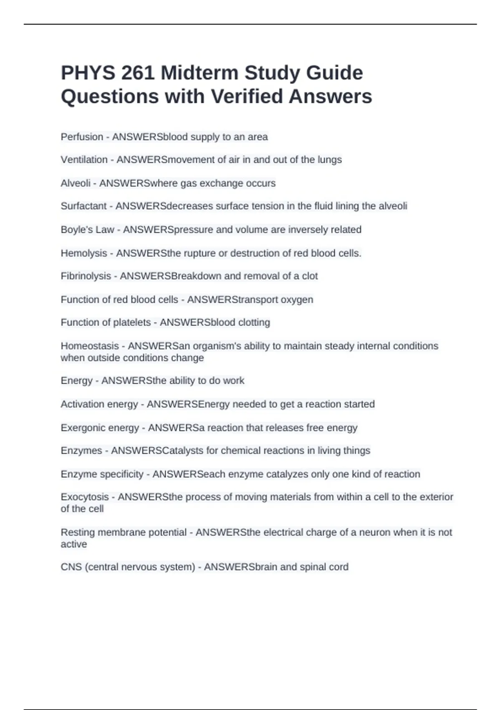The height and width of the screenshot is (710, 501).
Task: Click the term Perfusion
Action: click(82, 137)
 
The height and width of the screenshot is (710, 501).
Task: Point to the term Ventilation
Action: click(84, 160)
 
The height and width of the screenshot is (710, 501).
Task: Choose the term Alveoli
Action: click(76, 183)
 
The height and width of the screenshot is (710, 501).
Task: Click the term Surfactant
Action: click(83, 206)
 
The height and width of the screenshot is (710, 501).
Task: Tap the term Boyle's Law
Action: click(87, 230)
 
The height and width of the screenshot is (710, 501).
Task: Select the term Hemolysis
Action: click(84, 253)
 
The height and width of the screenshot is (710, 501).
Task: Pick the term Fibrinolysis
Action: click(86, 276)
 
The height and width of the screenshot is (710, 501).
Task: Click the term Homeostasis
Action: click(90, 346)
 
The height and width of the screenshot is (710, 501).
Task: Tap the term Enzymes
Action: click(81, 451)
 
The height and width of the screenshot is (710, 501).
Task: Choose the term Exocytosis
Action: click(85, 497)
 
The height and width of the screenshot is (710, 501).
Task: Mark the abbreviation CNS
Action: click(71, 567)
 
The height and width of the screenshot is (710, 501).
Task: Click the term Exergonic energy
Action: click(100, 428)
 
